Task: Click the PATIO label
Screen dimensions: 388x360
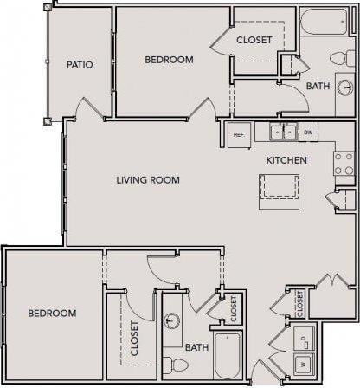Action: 80,65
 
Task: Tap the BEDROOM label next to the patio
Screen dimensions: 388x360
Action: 169,60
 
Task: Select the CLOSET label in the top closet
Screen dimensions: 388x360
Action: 254,40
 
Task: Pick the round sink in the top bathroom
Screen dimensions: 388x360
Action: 344,88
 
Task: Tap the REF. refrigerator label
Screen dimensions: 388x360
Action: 240,134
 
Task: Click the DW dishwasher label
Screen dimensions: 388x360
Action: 308,133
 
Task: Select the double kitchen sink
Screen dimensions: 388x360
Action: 281,133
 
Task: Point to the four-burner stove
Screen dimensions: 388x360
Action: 344,164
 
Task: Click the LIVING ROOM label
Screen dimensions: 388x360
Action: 148,180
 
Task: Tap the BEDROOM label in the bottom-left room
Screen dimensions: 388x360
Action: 51,313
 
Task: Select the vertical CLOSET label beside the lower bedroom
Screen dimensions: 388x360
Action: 135,339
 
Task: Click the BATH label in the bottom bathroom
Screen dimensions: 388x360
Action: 196,347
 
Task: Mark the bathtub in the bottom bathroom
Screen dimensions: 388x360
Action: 228,356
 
